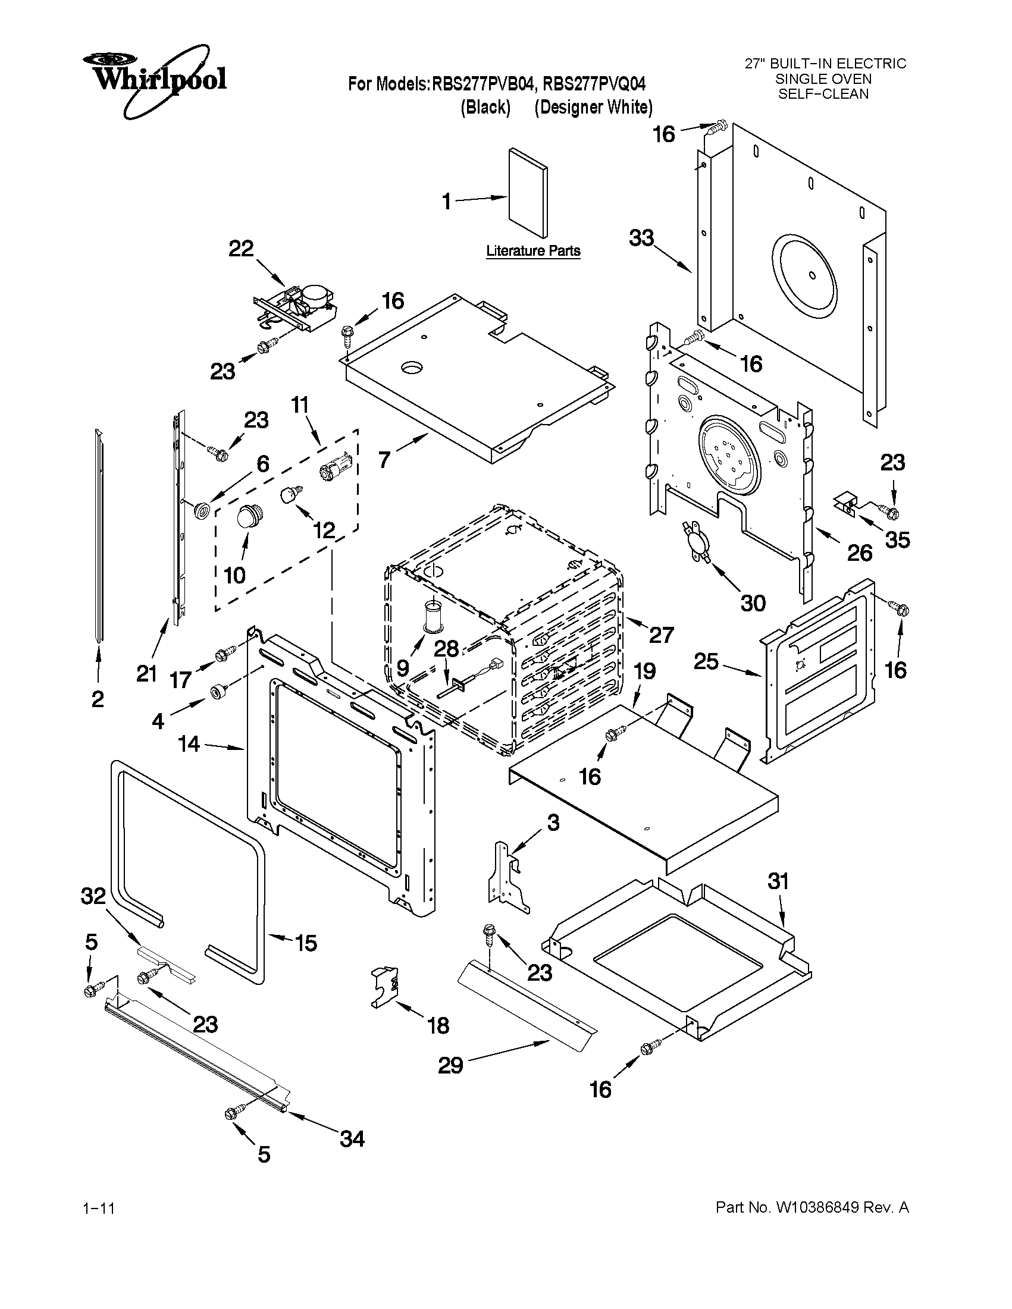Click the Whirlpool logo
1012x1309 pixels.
click(154, 78)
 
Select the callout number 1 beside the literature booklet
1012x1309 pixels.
click(447, 202)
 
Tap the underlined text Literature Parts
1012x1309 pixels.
click(532, 250)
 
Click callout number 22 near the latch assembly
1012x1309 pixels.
click(241, 249)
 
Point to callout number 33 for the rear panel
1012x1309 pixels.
click(641, 238)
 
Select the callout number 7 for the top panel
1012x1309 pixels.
click(384, 460)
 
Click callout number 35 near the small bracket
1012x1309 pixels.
click(898, 540)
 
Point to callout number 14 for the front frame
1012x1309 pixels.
click(189, 744)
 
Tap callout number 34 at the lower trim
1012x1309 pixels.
click(352, 1138)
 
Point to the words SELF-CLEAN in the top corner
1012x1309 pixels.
click(823, 94)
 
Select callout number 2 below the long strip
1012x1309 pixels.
click(98, 699)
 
